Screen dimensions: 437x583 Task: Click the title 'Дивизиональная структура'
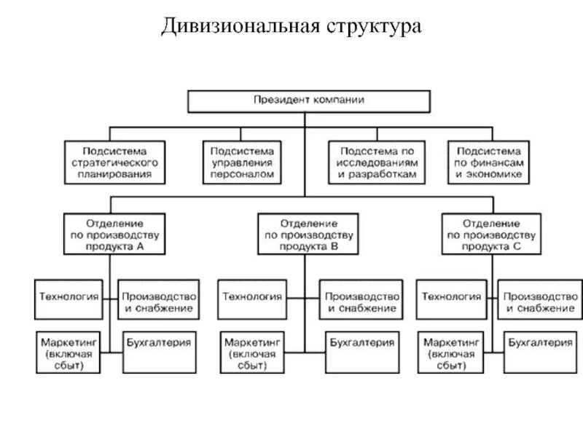click(x=291, y=27)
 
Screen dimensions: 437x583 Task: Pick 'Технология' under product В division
click(x=252, y=296)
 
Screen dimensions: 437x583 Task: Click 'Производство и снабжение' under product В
click(x=362, y=302)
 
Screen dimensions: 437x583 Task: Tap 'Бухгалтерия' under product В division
click(x=362, y=341)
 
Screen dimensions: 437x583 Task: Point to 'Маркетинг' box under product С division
click(x=451, y=353)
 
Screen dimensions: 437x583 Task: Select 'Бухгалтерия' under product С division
click(x=540, y=341)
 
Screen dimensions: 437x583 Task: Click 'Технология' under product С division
click(x=451, y=296)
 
